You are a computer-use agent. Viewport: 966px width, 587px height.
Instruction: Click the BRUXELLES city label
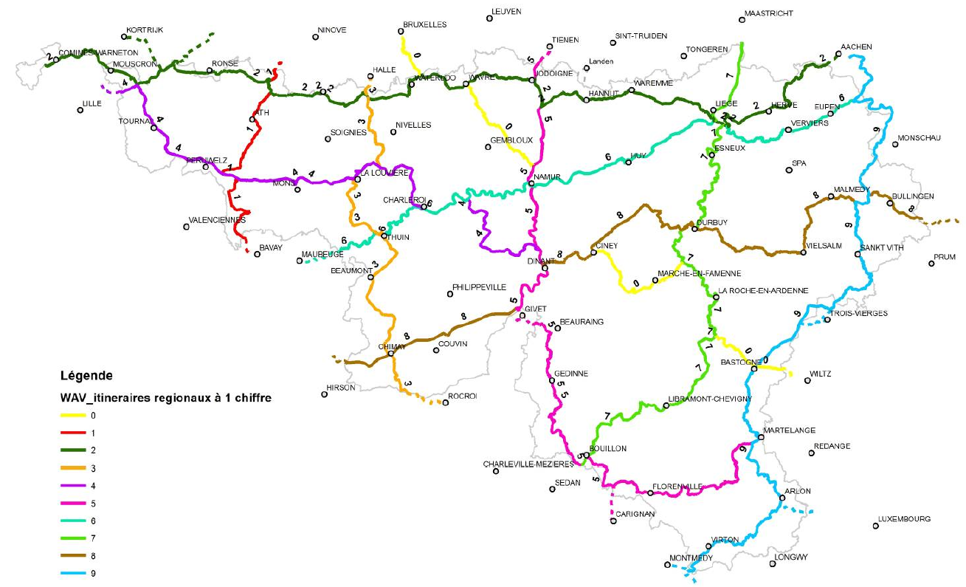(425, 24)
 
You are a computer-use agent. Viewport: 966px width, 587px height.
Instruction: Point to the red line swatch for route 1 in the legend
(71, 433)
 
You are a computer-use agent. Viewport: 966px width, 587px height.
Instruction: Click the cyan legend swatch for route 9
(71, 573)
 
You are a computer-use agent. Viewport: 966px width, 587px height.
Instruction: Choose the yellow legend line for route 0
(71, 416)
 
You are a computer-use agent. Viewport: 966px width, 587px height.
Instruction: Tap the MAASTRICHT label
(769, 13)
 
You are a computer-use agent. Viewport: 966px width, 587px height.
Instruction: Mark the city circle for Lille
(79, 111)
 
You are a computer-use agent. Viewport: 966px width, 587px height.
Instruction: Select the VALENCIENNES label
(217, 220)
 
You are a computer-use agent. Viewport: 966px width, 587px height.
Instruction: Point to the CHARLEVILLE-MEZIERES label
(528, 464)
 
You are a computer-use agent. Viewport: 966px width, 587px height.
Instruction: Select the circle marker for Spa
(789, 170)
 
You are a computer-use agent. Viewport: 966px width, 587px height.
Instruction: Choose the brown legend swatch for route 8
(71, 555)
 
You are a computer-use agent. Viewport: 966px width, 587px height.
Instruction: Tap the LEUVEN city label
(506, 11)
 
